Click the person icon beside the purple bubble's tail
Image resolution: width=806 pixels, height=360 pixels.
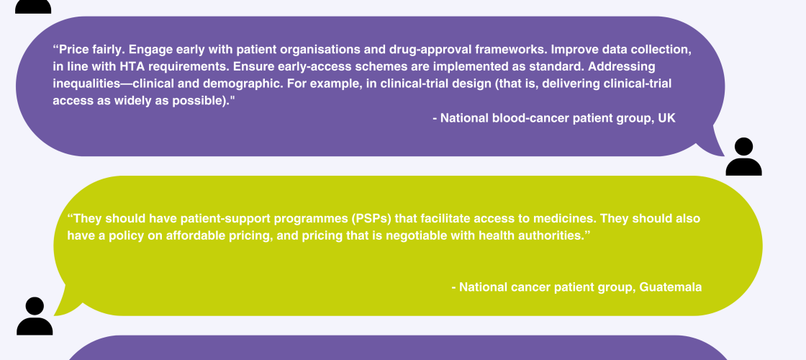(x=744, y=157)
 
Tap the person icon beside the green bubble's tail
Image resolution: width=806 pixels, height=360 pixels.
(x=35, y=316)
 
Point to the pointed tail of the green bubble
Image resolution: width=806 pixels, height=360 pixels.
(x=58, y=312)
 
